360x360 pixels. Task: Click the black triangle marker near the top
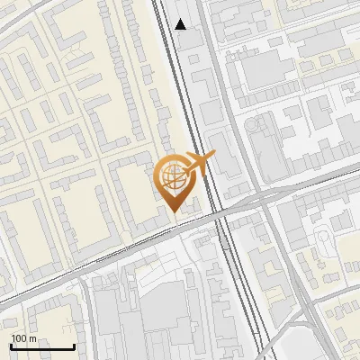[x=181, y=24]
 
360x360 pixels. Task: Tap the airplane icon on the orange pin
[x=195, y=166]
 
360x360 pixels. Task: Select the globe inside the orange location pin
[x=171, y=176]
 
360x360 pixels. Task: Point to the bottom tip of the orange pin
[x=172, y=211]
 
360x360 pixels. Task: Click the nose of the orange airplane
[x=212, y=156]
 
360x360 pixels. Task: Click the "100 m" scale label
[x=24, y=338]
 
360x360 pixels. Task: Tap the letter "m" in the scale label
[x=33, y=338]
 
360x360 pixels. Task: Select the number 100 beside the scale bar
[x=20, y=338]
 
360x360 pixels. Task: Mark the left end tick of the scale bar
[x=12, y=346]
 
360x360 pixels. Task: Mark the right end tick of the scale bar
[x=74, y=346]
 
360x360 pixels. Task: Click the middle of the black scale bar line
[x=42, y=347]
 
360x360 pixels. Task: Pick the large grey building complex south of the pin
[x=166, y=315]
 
